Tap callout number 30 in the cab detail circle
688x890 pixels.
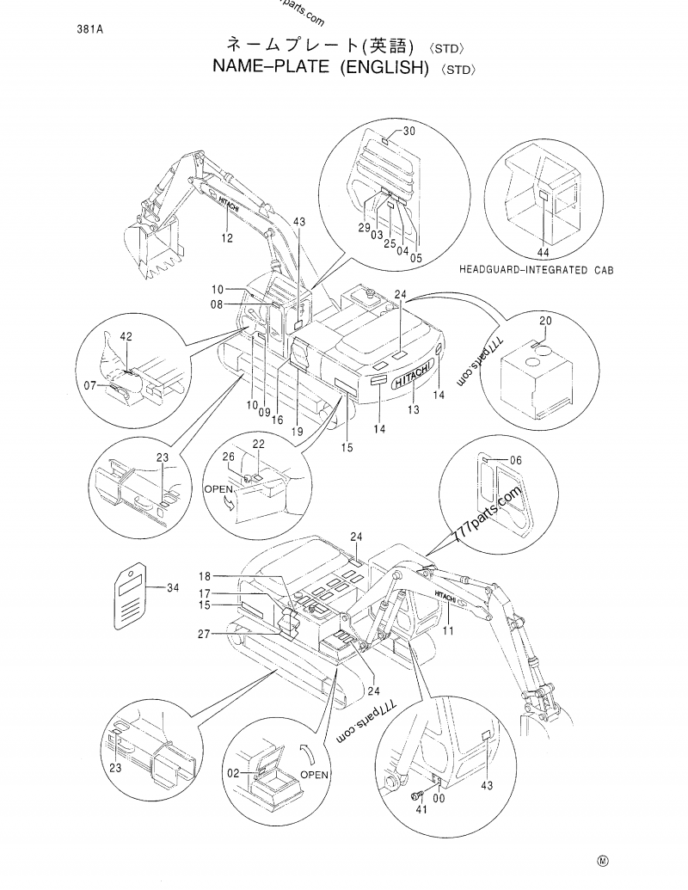coord(408,131)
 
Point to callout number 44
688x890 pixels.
coord(543,252)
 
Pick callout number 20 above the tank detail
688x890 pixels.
coord(545,320)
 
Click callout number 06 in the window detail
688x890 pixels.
coord(515,461)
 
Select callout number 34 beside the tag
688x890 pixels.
coord(173,588)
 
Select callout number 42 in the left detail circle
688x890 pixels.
coord(126,338)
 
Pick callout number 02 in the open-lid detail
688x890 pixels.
coord(231,774)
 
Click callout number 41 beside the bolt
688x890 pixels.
coord(421,809)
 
